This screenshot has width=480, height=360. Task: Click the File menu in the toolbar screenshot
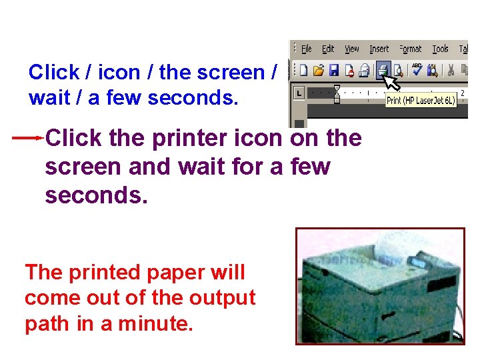coord(307,49)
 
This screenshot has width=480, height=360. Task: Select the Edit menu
coord(328,49)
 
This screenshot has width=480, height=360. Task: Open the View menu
coord(352,49)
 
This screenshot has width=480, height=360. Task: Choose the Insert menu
coord(379,49)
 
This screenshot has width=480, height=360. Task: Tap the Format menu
coord(411,49)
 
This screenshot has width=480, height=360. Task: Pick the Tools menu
coord(440,49)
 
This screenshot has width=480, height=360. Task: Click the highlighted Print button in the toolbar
coord(383,69)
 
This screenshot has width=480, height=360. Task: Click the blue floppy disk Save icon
coord(333,69)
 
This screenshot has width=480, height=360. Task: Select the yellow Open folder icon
coord(319,69)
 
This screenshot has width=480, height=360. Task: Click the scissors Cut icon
coord(451,69)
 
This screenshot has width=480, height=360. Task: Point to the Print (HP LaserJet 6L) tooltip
coord(420,101)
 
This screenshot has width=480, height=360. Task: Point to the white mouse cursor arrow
coord(391,81)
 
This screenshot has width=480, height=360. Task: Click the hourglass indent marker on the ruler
coord(337,93)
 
